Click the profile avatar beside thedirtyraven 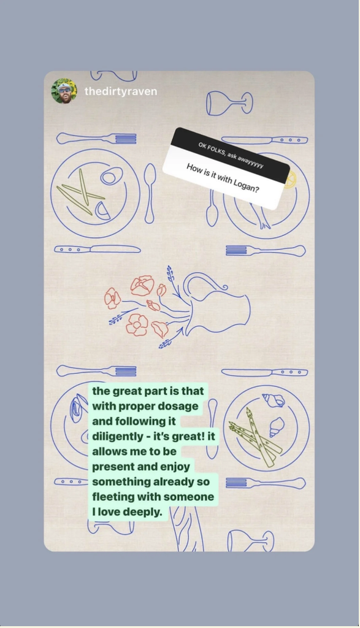coord(64,91)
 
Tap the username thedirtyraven coord(121,91)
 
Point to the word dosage coord(178,406)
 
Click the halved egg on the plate coord(112,176)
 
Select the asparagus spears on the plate coord(255,437)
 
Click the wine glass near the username coord(229,103)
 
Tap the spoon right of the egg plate coord(150,193)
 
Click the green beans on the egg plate coord(81,192)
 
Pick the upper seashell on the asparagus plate coord(274,400)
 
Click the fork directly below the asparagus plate coord(266,483)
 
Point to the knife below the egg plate coord(98,250)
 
